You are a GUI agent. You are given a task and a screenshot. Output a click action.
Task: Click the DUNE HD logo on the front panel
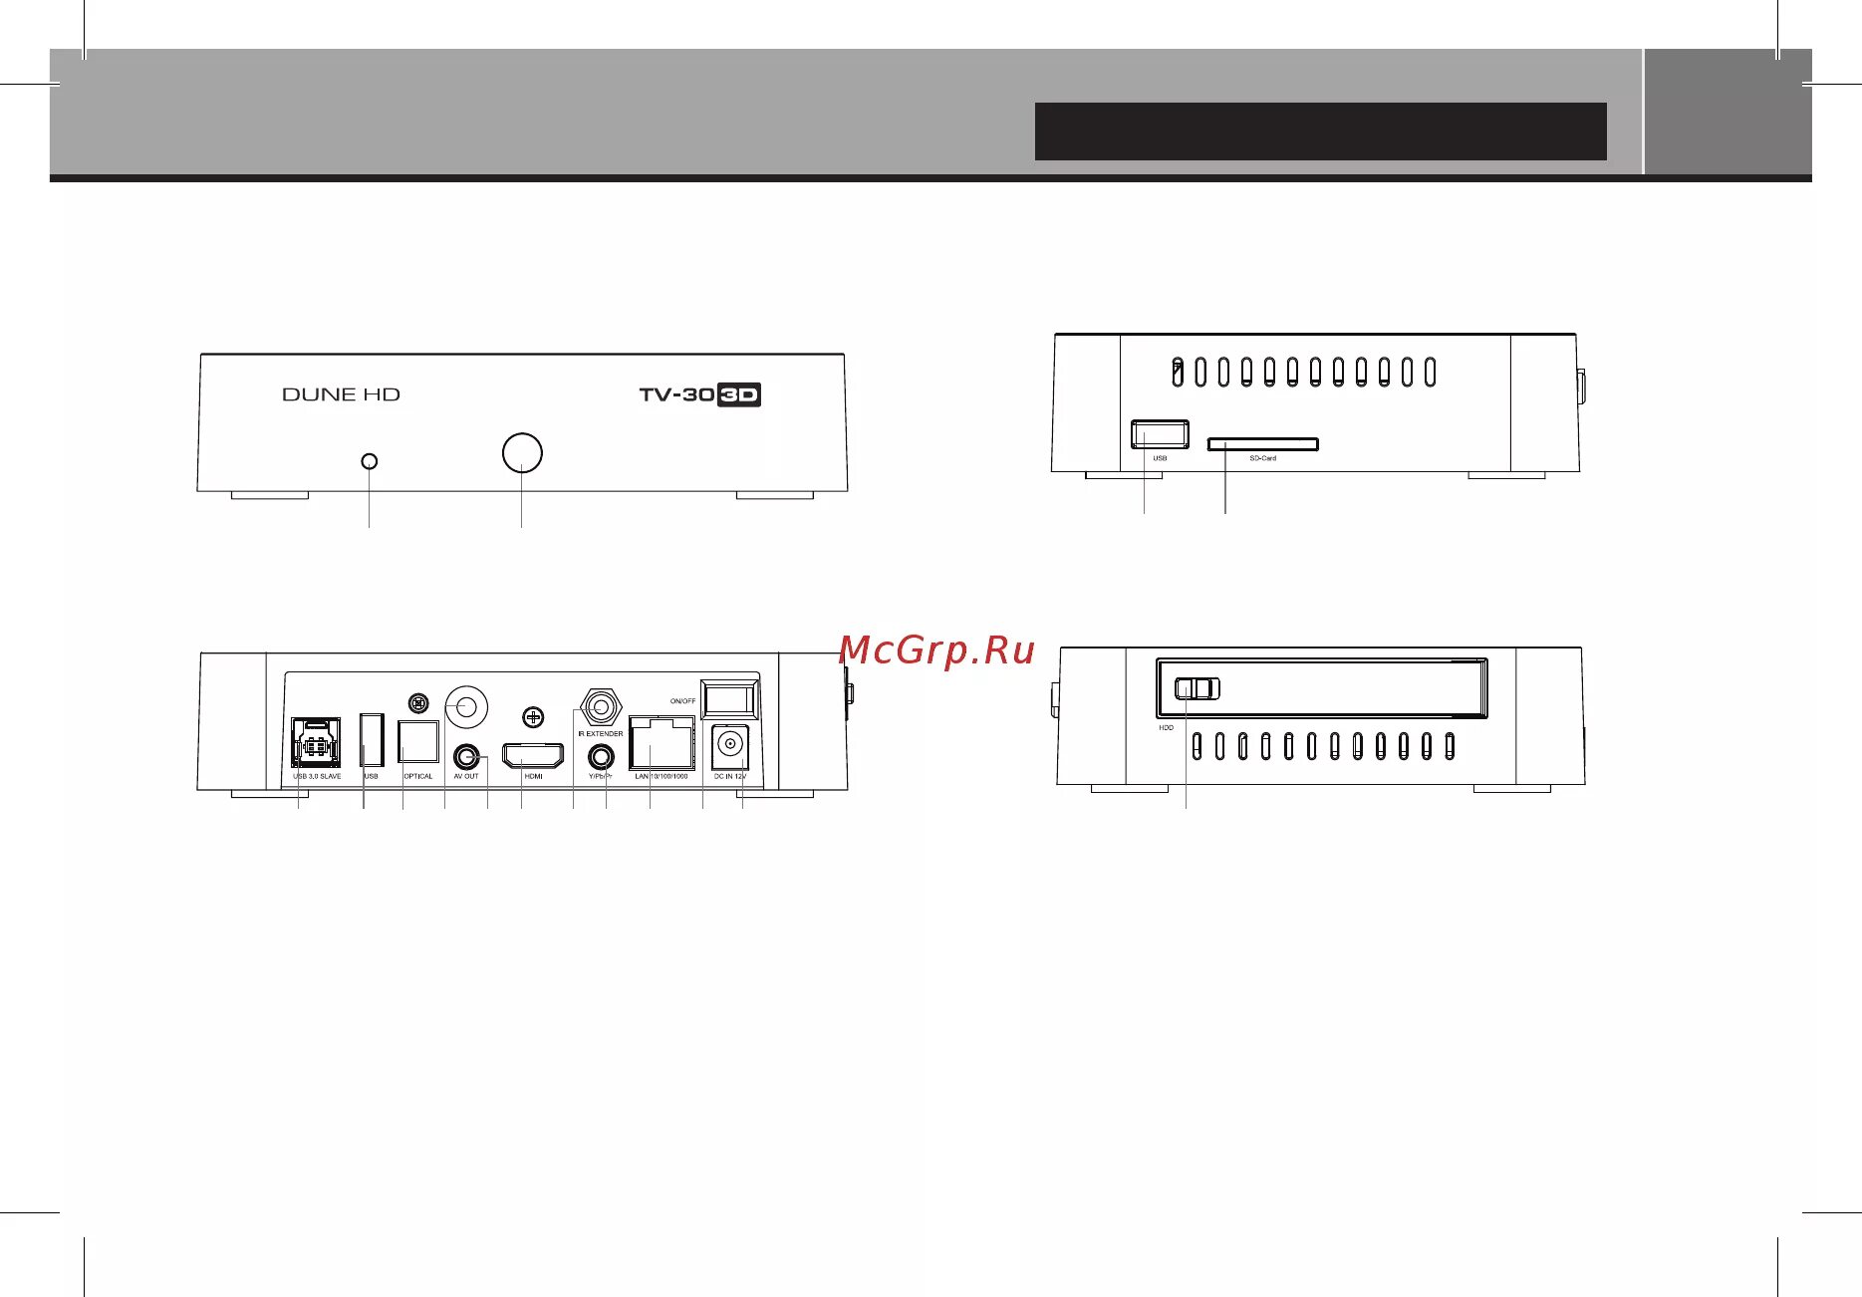pyautogui.click(x=341, y=394)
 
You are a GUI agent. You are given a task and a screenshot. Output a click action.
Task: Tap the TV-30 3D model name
pyautogui.click(x=699, y=394)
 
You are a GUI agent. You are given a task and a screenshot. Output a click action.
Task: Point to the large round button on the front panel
pyautogui.click(x=522, y=453)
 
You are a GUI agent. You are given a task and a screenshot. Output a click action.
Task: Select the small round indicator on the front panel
pyautogui.click(x=370, y=461)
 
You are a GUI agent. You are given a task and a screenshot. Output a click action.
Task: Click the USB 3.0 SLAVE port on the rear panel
pyautogui.click(x=315, y=743)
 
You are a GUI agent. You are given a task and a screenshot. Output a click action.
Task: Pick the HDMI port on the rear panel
pyautogui.click(x=533, y=756)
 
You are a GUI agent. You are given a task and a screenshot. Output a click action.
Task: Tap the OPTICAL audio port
pyautogui.click(x=418, y=742)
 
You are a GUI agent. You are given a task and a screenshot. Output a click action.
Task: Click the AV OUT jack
pyautogui.click(x=465, y=756)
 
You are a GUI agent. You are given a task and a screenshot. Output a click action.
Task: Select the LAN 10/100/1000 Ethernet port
pyautogui.click(x=662, y=744)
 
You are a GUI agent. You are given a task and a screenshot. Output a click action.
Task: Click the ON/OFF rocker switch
pyautogui.click(x=730, y=698)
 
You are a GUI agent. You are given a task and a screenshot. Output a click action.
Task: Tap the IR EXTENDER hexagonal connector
pyautogui.click(x=601, y=708)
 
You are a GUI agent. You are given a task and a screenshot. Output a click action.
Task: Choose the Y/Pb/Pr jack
pyautogui.click(x=601, y=757)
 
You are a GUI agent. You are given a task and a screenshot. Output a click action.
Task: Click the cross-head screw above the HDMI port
pyautogui.click(x=534, y=716)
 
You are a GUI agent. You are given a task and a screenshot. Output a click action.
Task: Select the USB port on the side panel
pyautogui.click(x=1160, y=434)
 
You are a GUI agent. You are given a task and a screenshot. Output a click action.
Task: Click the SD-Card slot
pyautogui.click(x=1263, y=443)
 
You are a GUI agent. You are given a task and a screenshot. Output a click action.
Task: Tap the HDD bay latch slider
pyautogui.click(x=1197, y=688)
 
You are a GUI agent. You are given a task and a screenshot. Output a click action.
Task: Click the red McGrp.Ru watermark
pyautogui.click(x=936, y=650)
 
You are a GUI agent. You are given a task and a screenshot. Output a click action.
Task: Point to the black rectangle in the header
pyautogui.click(x=1320, y=131)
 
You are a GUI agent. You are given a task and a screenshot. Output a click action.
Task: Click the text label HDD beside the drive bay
pyautogui.click(x=1166, y=728)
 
